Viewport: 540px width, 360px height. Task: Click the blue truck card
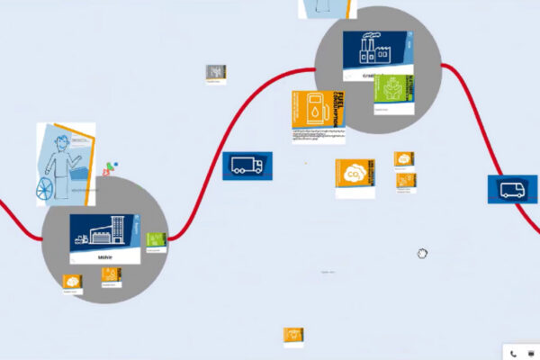(x=247, y=166)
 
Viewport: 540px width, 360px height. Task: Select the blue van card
(x=512, y=189)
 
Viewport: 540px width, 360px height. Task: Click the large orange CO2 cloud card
(x=355, y=177)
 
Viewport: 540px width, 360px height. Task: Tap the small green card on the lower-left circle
(x=157, y=241)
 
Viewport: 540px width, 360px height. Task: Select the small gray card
(x=214, y=72)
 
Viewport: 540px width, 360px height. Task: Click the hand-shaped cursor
(x=422, y=254)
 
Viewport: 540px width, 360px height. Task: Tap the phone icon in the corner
(x=513, y=353)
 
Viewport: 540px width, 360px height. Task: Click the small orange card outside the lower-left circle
(x=72, y=283)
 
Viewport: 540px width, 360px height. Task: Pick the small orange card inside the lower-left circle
(x=111, y=274)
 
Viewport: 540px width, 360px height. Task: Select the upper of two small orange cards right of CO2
(x=403, y=159)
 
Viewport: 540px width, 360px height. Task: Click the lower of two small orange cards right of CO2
(x=404, y=180)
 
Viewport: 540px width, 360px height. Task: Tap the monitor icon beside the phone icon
(x=529, y=353)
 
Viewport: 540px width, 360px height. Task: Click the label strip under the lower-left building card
(x=104, y=256)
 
